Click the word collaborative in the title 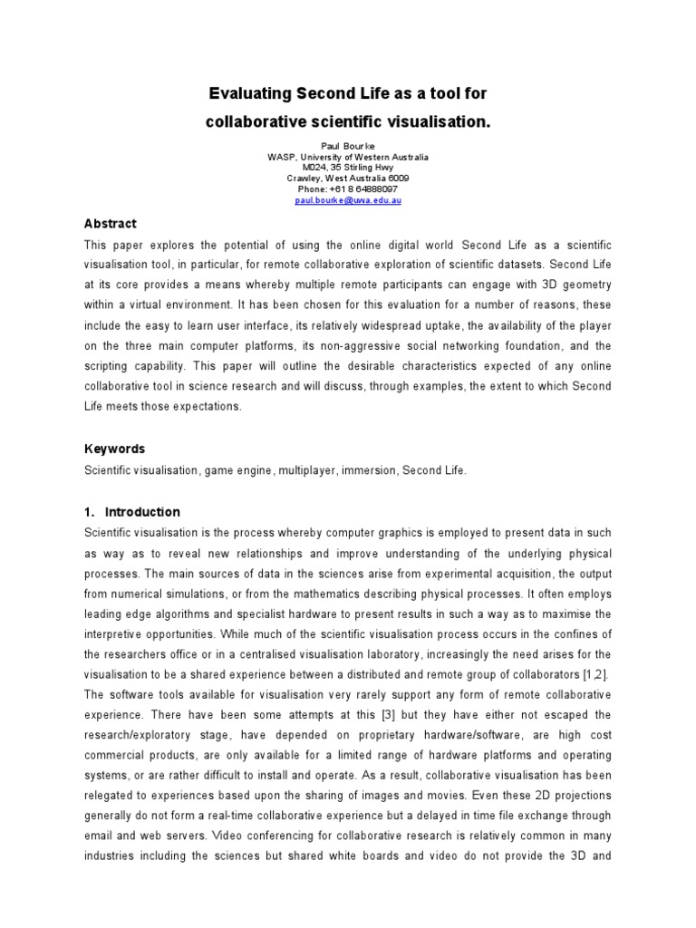pos(257,121)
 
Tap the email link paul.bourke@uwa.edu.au pos(348,200)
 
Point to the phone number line pos(348,189)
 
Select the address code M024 pos(304,168)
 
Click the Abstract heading pos(111,224)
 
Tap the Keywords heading pos(114,449)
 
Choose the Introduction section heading pos(142,511)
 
